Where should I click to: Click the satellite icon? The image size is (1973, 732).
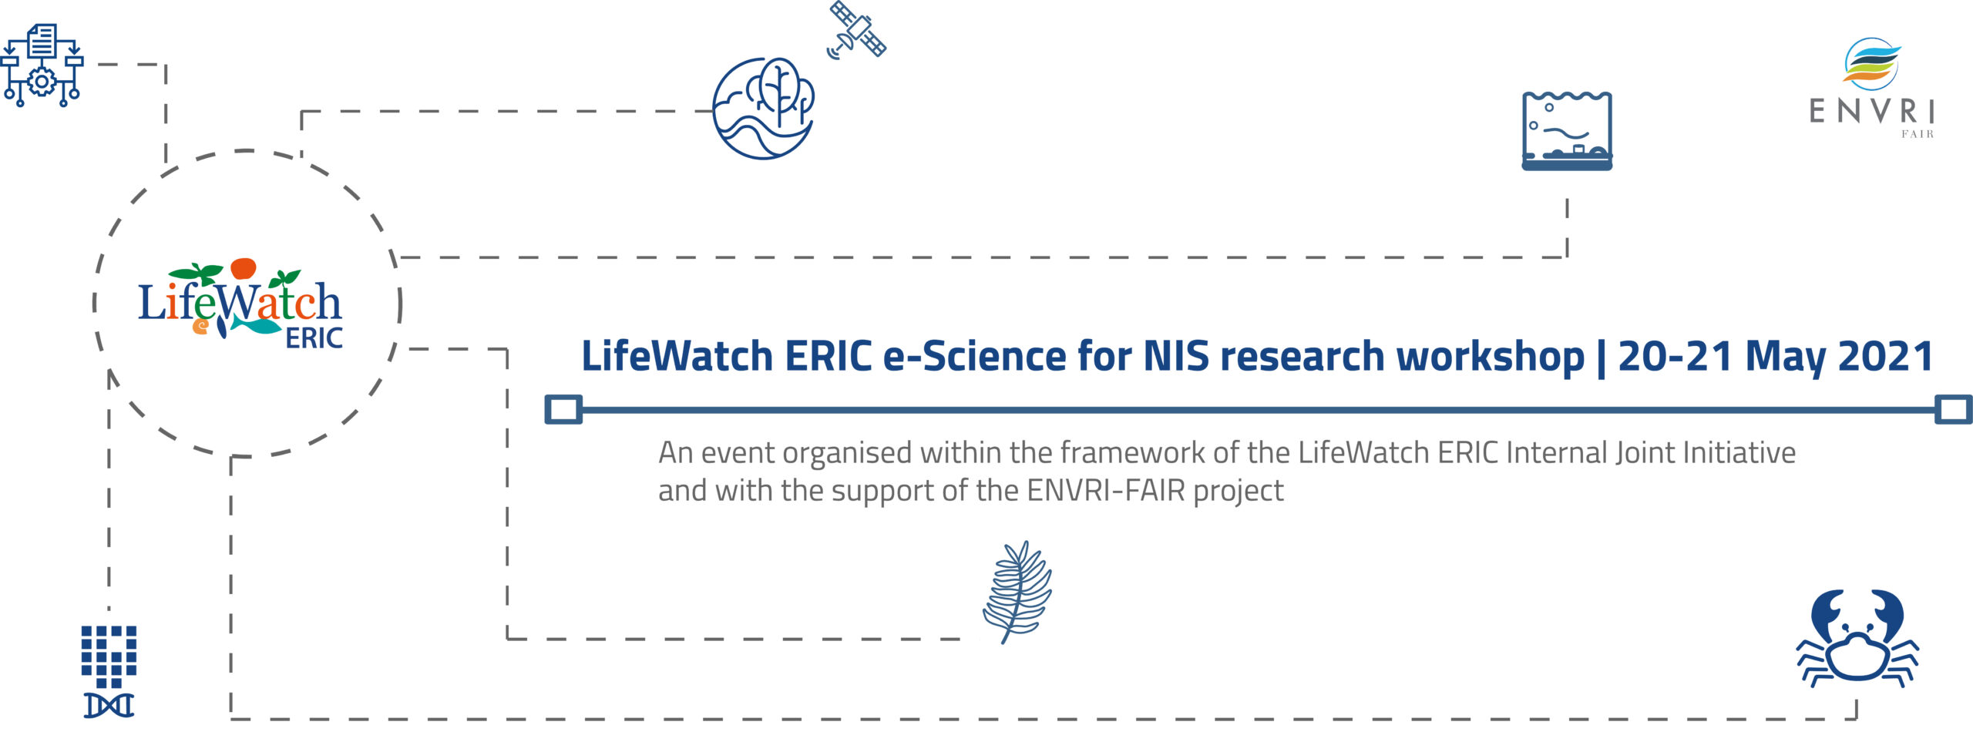(x=856, y=29)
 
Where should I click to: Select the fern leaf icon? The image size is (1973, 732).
(x=1017, y=592)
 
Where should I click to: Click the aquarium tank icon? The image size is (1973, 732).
(x=1567, y=130)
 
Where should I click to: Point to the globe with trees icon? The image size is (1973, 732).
(x=763, y=108)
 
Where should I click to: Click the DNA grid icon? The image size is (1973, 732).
(x=109, y=671)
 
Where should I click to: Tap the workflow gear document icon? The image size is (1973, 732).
(x=42, y=65)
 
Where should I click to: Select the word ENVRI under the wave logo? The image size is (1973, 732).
(x=1872, y=112)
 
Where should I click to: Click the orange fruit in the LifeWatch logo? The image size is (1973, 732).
(x=243, y=268)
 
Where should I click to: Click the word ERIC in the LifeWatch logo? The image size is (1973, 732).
(x=314, y=338)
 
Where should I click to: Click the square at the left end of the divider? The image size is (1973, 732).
(x=563, y=409)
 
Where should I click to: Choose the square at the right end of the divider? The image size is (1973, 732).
(x=1954, y=409)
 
